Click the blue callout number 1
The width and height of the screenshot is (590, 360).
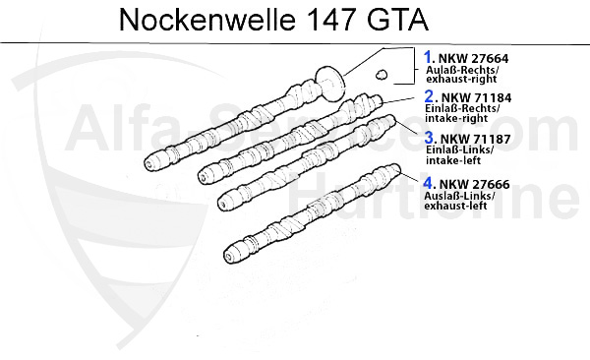429,58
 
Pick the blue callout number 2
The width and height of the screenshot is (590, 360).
429,97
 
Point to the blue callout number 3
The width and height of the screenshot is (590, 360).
430,137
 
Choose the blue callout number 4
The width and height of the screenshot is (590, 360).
429,182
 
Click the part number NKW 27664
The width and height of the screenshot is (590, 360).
475,59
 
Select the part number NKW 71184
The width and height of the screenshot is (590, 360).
476,98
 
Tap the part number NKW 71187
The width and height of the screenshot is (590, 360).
476,138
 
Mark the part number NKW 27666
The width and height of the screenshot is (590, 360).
476,183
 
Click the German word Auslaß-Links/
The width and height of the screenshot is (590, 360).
459,195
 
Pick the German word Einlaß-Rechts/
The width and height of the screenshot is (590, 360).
462,111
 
